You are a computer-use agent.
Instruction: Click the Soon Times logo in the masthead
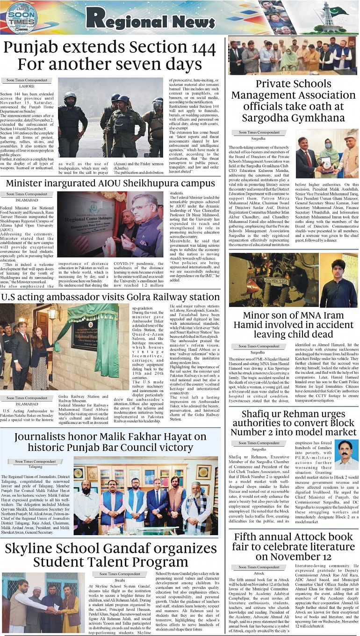22,18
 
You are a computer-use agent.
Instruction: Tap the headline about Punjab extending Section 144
110,56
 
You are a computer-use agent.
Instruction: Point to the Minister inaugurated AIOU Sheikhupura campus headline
110,183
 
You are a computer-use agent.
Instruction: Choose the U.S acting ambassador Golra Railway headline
110,297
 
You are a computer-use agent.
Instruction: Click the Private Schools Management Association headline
293,100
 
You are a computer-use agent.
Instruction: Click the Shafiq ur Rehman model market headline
293,422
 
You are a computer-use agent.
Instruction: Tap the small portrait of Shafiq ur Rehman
346,454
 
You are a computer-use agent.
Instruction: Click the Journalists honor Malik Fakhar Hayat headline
110,443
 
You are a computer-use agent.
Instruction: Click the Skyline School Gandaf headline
110,555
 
